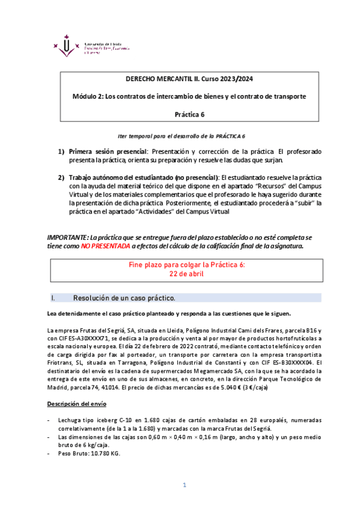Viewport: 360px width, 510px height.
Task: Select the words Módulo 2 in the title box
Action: pos(88,96)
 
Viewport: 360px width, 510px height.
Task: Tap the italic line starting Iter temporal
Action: pos(181,137)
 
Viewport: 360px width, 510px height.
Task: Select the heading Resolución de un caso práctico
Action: pos(124,298)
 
